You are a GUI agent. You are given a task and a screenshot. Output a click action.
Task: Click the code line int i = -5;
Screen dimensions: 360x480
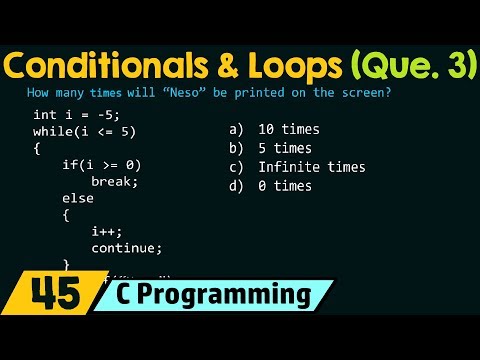tap(76, 116)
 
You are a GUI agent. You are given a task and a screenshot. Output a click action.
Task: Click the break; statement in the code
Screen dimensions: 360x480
tap(112, 182)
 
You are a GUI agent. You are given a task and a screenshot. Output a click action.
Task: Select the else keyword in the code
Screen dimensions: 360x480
tap(77, 198)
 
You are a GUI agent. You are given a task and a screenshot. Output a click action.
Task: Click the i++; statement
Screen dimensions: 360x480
tap(105, 231)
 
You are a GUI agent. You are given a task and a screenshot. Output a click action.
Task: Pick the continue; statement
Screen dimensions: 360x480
tap(126, 247)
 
